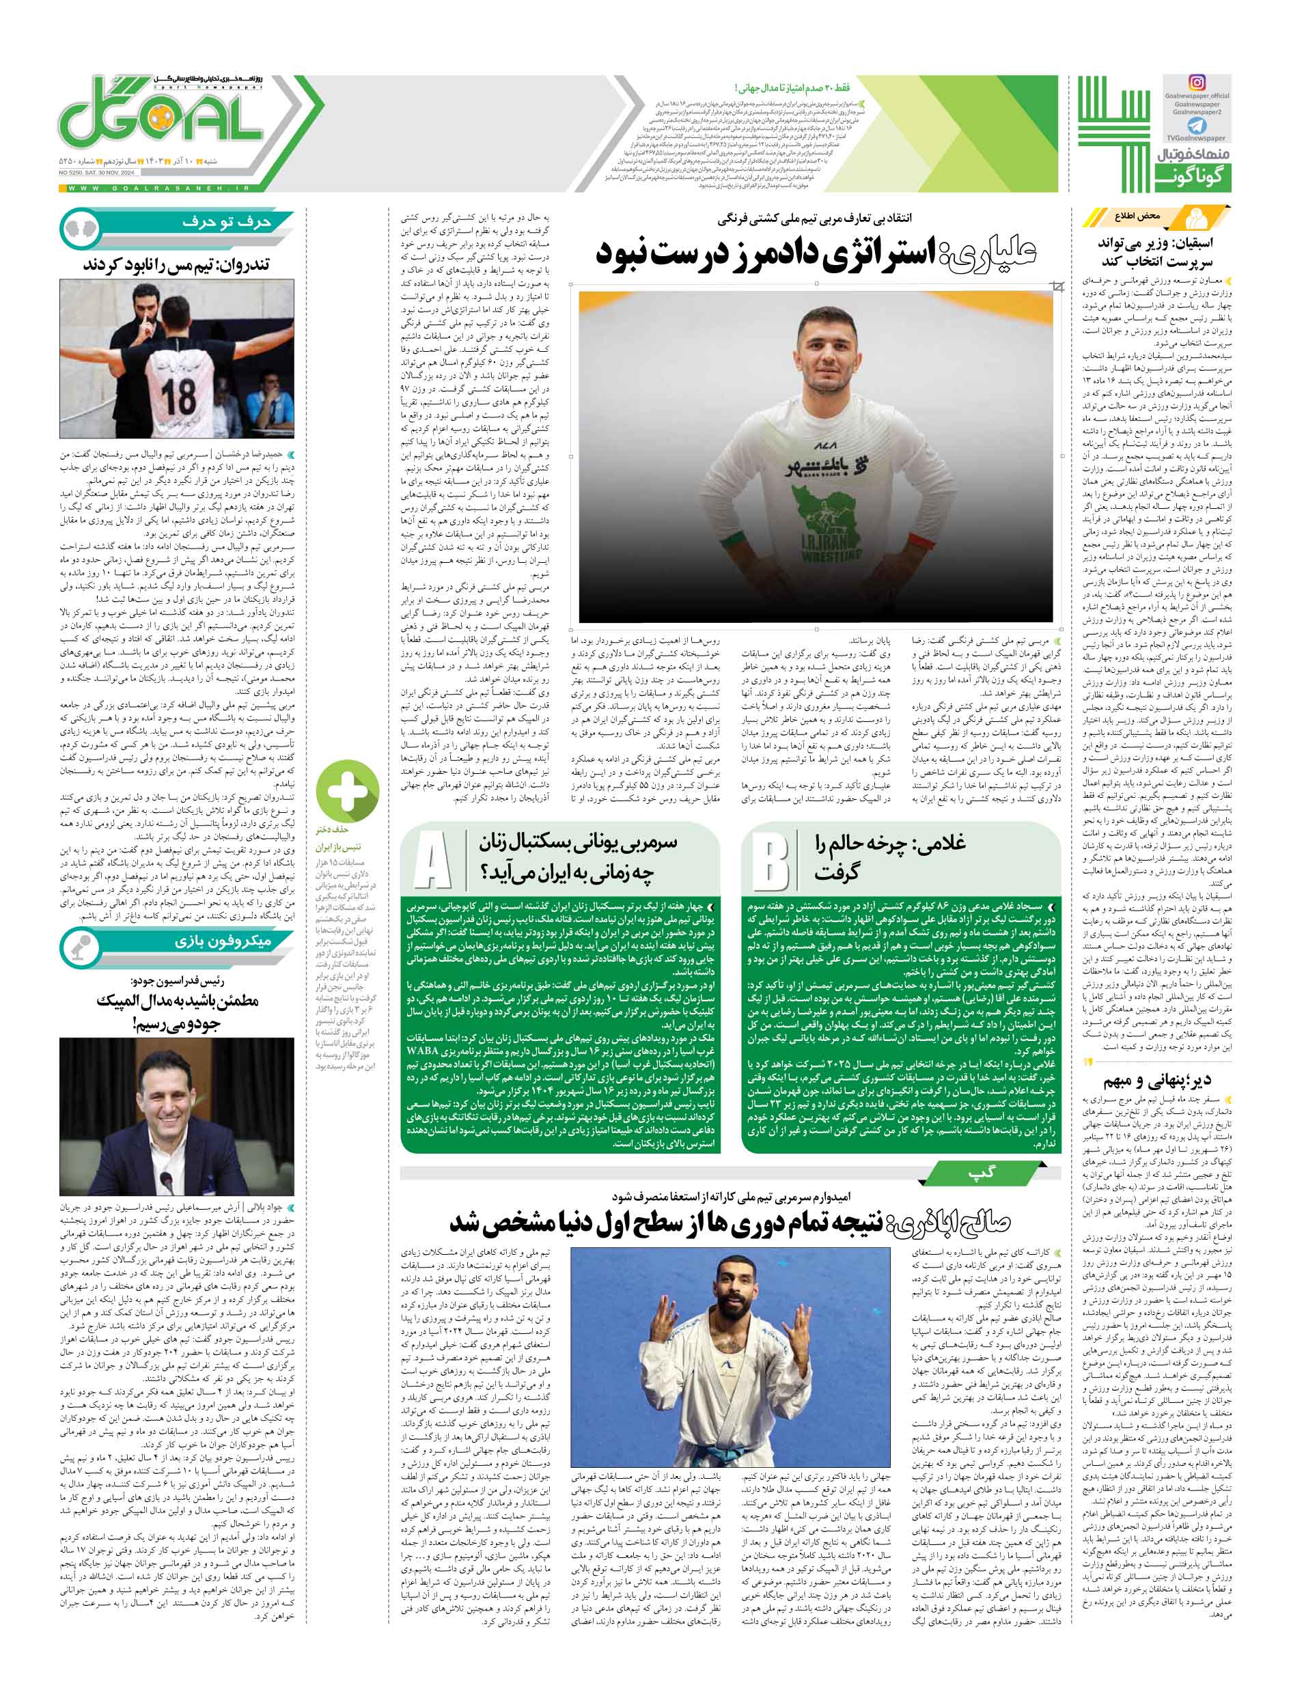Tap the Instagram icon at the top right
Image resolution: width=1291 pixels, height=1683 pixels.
(x=1197, y=82)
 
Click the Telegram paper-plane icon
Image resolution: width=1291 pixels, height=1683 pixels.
(x=1197, y=125)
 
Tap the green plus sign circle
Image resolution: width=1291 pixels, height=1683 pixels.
(x=347, y=788)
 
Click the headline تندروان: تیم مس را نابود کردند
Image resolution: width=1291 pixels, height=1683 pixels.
(x=176, y=264)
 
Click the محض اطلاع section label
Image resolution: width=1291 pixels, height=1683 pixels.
(x=1137, y=216)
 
